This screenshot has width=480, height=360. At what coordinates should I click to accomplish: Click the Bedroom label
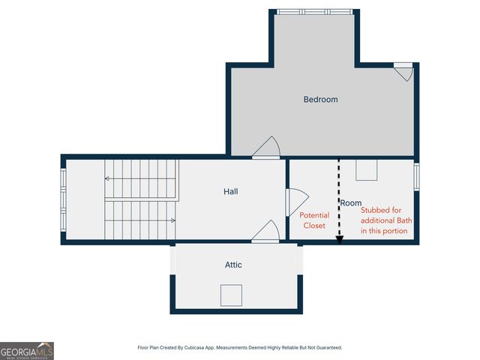(x=320, y=99)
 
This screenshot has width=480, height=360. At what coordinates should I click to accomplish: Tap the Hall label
(x=231, y=191)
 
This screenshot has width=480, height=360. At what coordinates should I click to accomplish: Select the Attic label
(x=233, y=265)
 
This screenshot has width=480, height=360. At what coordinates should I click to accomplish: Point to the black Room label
(x=351, y=203)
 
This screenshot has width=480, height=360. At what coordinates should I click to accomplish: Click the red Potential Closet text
(x=314, y=220)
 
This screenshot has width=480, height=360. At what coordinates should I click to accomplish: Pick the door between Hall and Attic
(x=265, y=232)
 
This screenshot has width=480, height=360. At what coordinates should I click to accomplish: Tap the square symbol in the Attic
(x=231, y=295)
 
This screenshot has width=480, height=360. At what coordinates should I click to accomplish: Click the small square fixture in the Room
(x=366, y=170)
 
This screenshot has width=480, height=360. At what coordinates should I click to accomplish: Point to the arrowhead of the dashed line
(x=339, y=240)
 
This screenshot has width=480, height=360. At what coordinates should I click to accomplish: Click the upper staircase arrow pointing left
(x=108, y=178)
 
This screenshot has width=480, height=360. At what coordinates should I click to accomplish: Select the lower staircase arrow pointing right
(x=172, y=220)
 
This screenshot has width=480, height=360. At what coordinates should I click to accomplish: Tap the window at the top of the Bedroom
(x=313, y=12)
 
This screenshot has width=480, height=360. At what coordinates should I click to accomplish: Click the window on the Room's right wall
(x=417, y=177)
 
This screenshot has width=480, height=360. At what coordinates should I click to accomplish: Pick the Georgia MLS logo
(x=27, y=351)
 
